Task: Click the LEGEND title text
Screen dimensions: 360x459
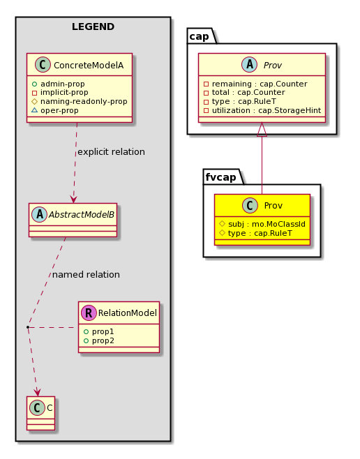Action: pyautogui.click(x=93, y=27)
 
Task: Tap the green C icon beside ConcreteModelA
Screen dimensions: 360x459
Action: pyautogui.click(x=43, y=65)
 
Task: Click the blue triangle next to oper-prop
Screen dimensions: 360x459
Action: pyautogui.click(x=35, y=110)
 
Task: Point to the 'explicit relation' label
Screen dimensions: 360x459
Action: pyautogui.click(x=111, y=152)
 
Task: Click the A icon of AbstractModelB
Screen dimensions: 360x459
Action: pyautogui.click(x=40, y=214)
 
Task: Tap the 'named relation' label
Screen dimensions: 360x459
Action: pyautogui.click(x=86, y=275)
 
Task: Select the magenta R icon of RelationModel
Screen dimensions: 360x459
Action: pyautogui.click(x=89, y=313)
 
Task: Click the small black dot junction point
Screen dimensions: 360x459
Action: pyautogui.click(x=28, y=326)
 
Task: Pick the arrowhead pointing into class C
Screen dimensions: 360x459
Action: pyautogui.click(x=37, y=393)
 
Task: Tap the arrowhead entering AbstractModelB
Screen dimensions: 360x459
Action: pyautogui.click(x=73, y=200)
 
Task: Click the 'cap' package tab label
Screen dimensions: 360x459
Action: pyautogui.click(x=199, y=36)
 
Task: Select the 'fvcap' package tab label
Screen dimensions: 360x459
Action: pyautogui.click(x=220, y=177)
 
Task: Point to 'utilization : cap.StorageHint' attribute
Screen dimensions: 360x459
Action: pyautogui.click(x=267, y=110)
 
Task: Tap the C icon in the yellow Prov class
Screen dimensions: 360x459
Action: pyautogui.click(x=250, y=205)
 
